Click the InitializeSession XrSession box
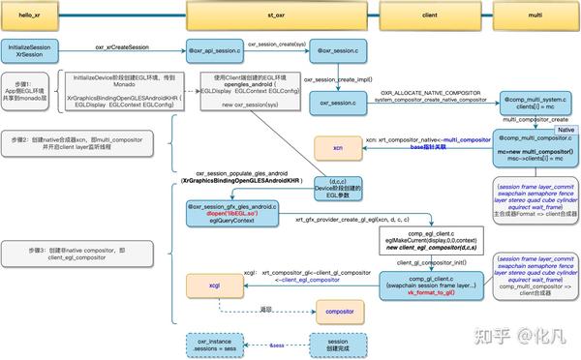(31, 50)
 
